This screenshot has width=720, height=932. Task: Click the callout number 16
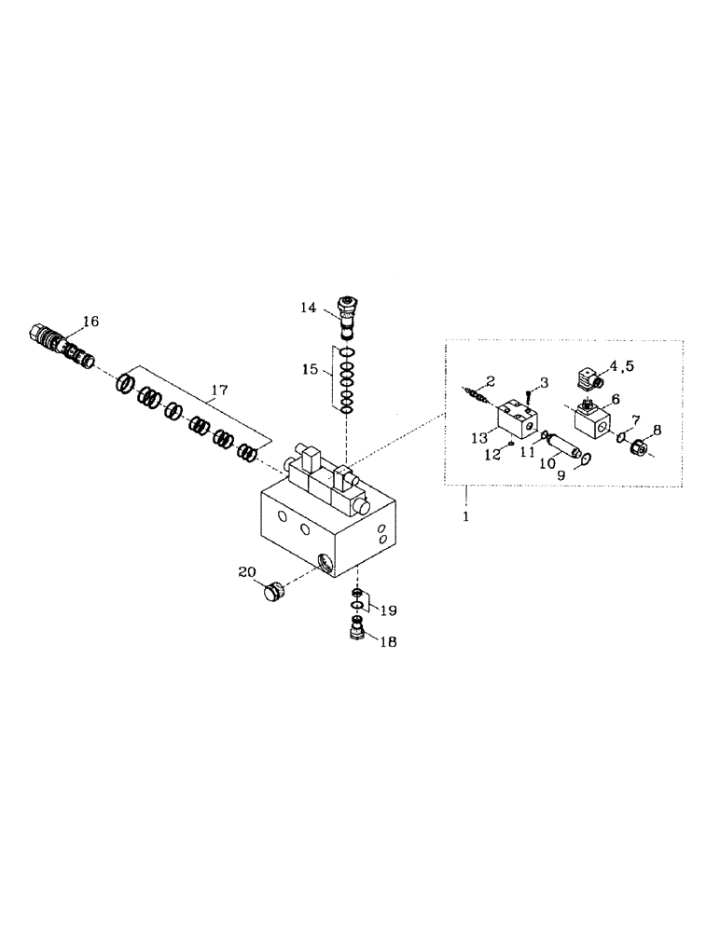point(90,322)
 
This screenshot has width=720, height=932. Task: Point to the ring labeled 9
point(585,457)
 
